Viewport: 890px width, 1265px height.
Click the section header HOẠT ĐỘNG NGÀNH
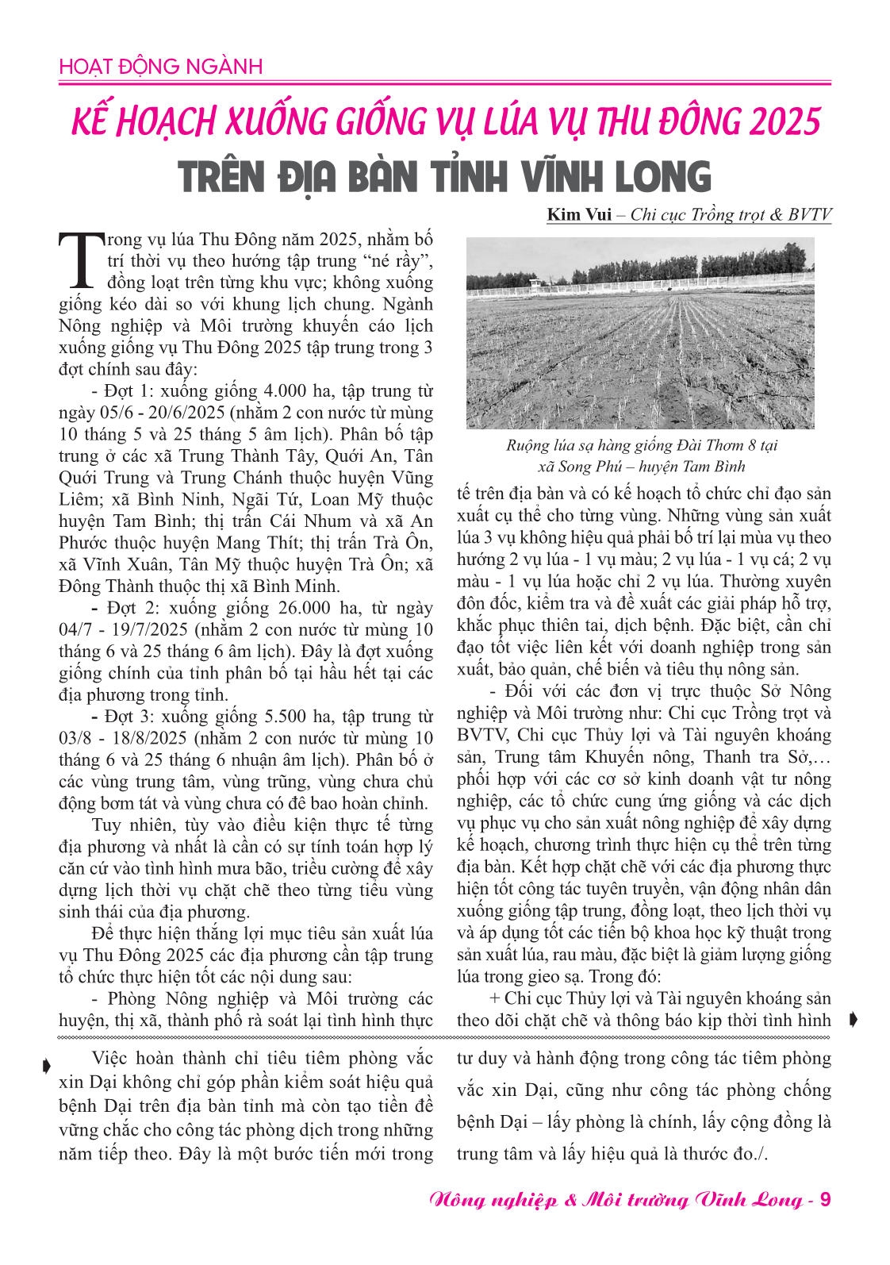pyautogui.click(x=160, y=67)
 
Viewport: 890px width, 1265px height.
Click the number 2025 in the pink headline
pyautogui.click(x=785, y=122)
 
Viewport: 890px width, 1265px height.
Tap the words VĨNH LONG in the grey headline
pyautogui.click(x=617, y=177)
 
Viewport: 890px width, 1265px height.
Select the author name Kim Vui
pyautogui.click(x=579, y=214)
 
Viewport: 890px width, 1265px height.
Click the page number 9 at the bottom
pyautogui.click(x=825, y=1199)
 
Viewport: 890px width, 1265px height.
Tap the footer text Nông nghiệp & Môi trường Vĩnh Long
pyautogui.click(x=615, y=1199)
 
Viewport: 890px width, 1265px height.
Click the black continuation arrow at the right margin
pyautogui.click(x=853, y=1020)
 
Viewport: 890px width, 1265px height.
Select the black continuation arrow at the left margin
pyautogui.click(x=47, y=1066)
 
